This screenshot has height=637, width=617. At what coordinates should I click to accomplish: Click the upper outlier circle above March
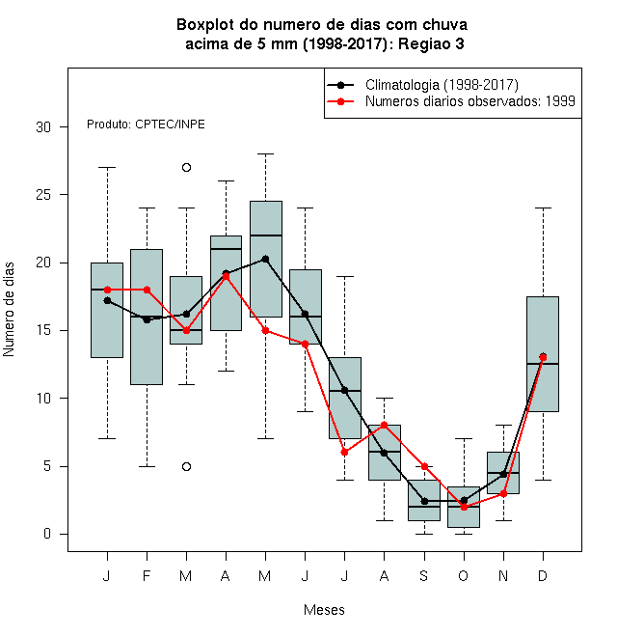(186, 167)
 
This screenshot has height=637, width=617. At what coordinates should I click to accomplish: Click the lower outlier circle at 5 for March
(186, 466)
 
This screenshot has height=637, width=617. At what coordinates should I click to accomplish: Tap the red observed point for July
(344, 452)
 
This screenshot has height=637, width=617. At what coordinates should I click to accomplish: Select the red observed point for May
(265, 331)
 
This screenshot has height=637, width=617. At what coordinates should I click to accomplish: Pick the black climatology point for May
(265, 260)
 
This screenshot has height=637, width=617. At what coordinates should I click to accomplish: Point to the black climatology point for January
(107, 300)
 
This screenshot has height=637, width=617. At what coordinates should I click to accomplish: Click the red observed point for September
(424, 466)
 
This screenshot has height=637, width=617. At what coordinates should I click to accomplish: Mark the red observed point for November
(504, 493)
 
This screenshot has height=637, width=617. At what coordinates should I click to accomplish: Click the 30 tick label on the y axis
(43, 127)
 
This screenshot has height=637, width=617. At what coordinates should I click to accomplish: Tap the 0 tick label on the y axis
(47, 534)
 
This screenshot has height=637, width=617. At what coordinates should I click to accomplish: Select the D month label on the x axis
(543, 575)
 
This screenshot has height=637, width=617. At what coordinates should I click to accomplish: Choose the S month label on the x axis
(424, 575)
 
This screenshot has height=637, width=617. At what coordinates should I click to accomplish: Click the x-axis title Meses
(324, 610)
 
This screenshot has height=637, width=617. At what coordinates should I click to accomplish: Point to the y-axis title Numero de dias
(9, 310)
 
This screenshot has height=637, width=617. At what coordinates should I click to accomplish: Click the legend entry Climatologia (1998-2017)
(442, 85)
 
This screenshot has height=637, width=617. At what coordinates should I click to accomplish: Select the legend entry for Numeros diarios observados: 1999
(470, 101)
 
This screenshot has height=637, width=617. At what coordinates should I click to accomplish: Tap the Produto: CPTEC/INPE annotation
(146, 125)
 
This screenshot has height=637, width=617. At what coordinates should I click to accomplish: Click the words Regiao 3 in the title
(431, 43)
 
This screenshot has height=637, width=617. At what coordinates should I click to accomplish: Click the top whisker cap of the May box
(265, 154)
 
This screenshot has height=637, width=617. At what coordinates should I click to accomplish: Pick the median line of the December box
(543, 364)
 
